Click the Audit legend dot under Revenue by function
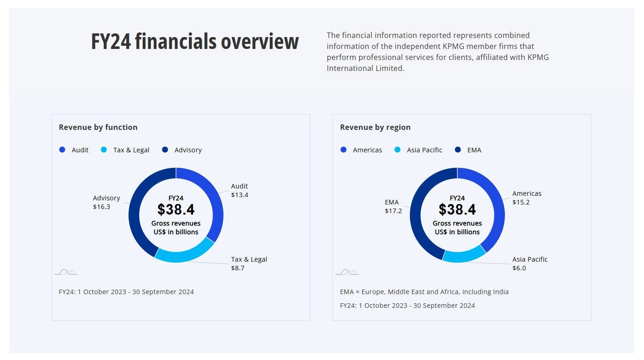point(62,150)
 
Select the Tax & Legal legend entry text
point(131,150)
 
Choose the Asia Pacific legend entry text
point(424,150)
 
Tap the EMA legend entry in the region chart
point(474,150)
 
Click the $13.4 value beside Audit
point(240,195)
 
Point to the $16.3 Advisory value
point(102,207)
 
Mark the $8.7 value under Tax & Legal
point(238,268)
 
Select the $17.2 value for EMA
point(393,211)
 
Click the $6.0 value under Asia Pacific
point(519,268)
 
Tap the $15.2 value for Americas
point(521,202)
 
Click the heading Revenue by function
point(98,127)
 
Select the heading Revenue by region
point(375,127)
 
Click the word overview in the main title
point(260,42)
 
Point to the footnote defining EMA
point(424,292)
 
